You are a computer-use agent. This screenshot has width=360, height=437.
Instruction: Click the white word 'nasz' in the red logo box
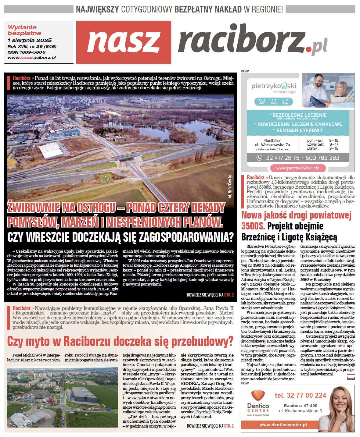[x=124, y=42]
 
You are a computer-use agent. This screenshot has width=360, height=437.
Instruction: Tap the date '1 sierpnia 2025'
[x=30, y=40]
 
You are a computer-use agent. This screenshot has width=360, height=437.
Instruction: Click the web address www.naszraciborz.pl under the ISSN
[x=32, y=58]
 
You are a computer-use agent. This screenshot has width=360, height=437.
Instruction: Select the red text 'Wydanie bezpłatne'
[x=24, y=30]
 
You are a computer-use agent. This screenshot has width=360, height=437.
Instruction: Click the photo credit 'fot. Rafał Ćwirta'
[x=230, y=187]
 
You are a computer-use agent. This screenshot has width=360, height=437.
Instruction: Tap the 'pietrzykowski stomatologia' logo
[x=273, y=88]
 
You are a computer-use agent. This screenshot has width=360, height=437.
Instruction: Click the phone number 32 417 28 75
[x=283, y=158]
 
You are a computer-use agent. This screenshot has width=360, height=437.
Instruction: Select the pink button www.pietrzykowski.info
[x=298, y=168]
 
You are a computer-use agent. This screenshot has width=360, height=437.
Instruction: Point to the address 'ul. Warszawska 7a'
[x=272, y=145]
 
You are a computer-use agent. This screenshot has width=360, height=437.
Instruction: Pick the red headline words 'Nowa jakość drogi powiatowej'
[x=296, y=215]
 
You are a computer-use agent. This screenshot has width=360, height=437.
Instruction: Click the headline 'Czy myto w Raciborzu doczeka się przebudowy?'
[x=120, y=341]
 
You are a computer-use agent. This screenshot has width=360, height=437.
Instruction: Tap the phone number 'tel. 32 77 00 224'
[x=300, y=395]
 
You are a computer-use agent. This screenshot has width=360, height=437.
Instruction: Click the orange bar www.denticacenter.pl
[x=283, y=425]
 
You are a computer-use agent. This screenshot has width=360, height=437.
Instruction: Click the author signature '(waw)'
[x=351, y=378]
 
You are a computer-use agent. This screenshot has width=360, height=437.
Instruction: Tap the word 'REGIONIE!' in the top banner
[x=263, y=9]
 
